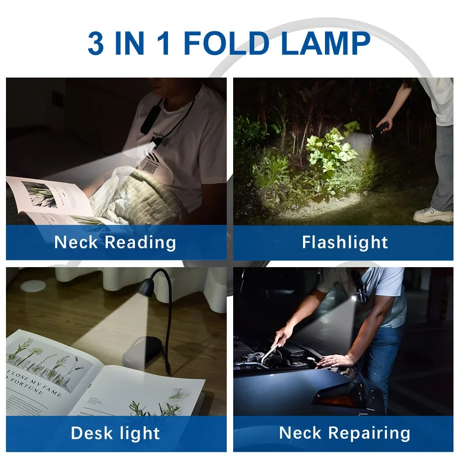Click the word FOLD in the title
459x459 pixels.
coord(226,44)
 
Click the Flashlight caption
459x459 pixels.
coord(345,242)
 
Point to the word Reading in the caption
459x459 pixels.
coord(140,242)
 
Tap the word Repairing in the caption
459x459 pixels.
coord(369,433)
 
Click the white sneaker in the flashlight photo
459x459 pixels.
coord(432,214)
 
